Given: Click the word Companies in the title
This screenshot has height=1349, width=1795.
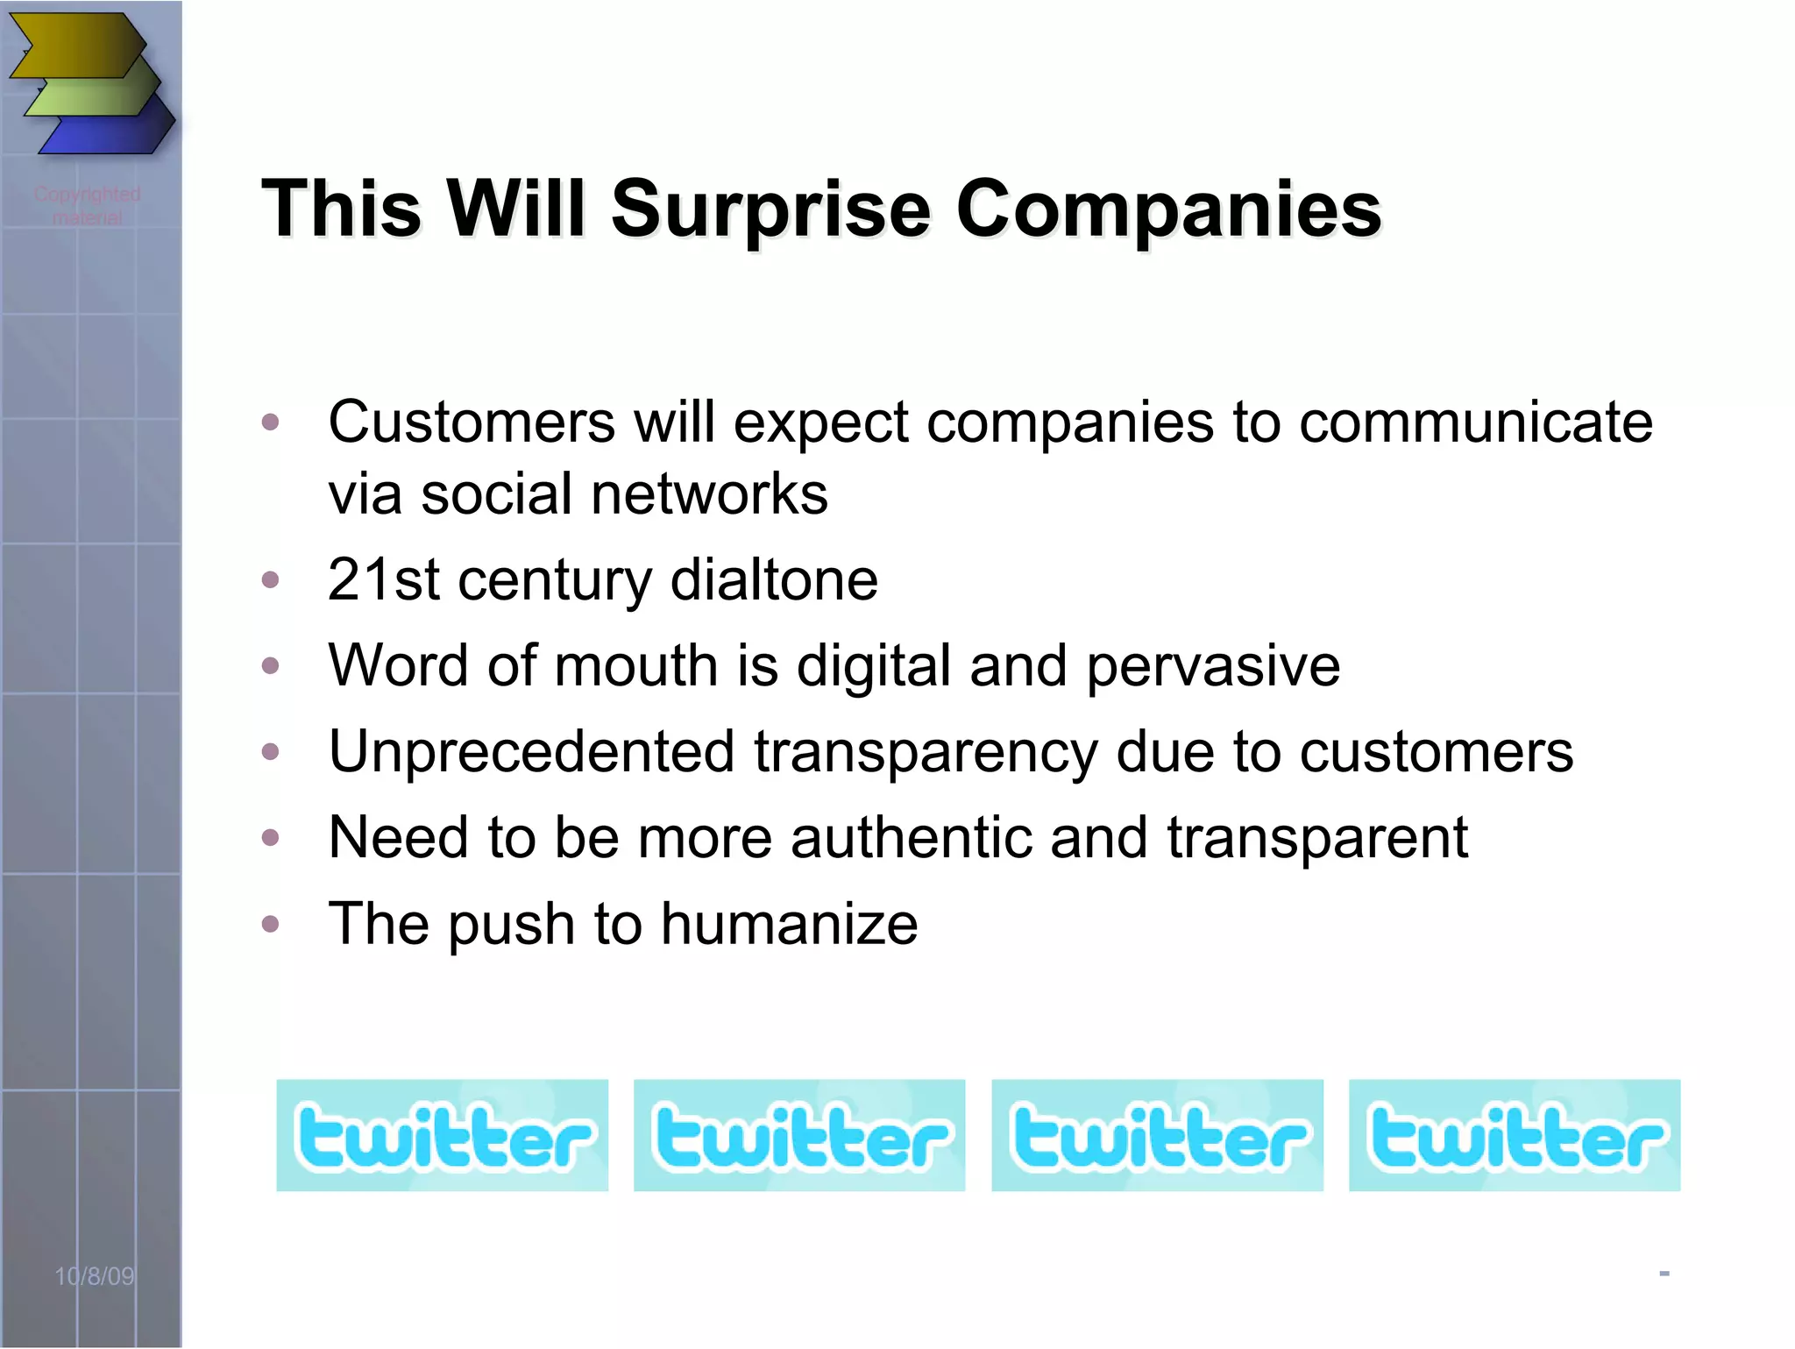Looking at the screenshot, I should [1168, 210].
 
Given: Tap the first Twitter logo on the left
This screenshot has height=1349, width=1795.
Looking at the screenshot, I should [442, 1135].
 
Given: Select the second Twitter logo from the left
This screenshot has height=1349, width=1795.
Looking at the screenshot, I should [799, 1135].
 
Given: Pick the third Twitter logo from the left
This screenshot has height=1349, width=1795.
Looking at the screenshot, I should [1157, 1135].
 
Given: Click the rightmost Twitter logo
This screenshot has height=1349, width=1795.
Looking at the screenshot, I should [1515, 1135].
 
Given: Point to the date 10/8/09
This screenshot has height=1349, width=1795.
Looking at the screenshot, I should [95, 1276].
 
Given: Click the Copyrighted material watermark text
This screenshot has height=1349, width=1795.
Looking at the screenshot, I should [87, 205].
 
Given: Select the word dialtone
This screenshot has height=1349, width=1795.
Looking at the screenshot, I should [774, 580].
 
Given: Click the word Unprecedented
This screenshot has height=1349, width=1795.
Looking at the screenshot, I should [531, 752].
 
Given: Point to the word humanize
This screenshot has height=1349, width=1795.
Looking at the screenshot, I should [789, 924].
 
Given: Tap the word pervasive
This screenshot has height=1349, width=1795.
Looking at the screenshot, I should [1213, 666].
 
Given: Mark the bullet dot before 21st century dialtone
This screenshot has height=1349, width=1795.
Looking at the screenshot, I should [271, 579].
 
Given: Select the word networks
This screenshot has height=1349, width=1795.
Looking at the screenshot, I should [709, 494].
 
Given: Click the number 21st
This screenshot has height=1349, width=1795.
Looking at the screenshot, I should [383, 580].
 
